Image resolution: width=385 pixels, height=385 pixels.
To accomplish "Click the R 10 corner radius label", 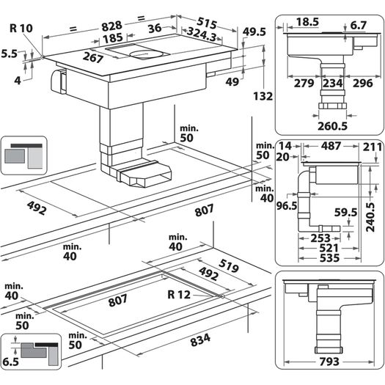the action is point(21,29).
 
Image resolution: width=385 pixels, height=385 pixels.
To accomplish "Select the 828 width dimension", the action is point(111,26).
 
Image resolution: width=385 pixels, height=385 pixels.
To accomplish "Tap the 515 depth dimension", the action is point(207,23).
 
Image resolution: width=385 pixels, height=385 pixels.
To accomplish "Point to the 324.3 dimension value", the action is point(202,34).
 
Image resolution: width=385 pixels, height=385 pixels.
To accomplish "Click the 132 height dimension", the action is point(263,96).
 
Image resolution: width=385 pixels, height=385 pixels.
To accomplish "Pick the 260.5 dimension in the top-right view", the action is point(332,126).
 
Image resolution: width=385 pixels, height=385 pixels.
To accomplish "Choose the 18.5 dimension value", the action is point(307,22).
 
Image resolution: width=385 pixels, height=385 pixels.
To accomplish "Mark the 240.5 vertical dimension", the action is point(370,217).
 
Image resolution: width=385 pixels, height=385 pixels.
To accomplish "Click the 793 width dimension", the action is point(329,362).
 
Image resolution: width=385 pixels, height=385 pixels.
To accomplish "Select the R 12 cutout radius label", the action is point(179,295).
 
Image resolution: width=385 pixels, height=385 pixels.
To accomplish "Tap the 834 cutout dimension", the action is point(200,340).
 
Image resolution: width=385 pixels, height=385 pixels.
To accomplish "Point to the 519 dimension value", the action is point(229,266).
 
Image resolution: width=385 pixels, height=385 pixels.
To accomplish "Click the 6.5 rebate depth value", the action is point(11,362).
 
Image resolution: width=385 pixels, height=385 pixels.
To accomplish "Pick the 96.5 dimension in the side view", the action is point(287,206).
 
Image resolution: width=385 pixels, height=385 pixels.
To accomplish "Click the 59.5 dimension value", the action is point(345,213).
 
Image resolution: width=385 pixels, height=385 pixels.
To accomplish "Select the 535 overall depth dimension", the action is point(329,258).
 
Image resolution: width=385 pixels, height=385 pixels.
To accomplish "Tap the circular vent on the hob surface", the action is point(146,54).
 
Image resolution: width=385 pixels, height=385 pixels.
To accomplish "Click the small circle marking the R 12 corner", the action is point(222,296).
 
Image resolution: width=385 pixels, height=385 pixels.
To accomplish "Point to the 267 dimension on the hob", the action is point(93,58).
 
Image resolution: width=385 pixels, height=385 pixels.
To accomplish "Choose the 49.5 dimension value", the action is point(254,32).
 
